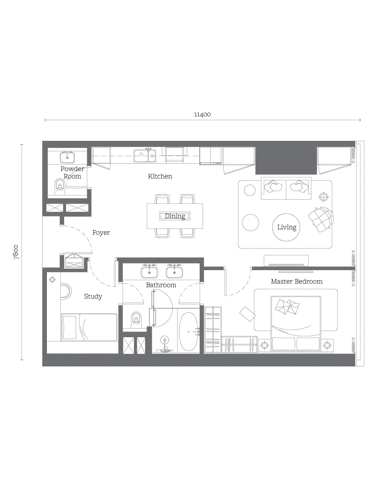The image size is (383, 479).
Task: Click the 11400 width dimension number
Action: click(203, 114)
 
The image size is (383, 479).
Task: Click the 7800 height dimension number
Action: click(16, 252)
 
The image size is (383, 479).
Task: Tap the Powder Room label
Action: click(72, 172)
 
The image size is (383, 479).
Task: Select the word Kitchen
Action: click(160, 176)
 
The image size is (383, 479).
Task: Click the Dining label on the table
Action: click(175, 216)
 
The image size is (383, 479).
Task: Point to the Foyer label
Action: click(101, 232)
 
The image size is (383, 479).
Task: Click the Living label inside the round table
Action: click(287, 227)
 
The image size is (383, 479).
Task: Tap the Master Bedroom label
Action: click(296, 281)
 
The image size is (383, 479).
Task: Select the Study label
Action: click(93, 297)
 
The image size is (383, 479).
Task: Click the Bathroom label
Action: click(161, 285)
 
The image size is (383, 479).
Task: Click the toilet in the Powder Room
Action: click(60, 185)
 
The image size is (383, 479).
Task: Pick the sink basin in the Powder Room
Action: click(68, 157)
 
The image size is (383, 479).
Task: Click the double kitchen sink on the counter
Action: click(145, 156)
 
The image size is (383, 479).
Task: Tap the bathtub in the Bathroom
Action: click(189, 332)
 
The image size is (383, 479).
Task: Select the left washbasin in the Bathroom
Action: click(149, 272)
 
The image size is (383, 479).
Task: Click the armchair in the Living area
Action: click(321, 219)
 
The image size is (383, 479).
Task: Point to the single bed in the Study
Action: click(89, 327)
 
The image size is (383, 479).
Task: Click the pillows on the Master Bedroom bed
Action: click(287, 307)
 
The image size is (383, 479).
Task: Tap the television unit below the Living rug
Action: click(286, 260)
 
